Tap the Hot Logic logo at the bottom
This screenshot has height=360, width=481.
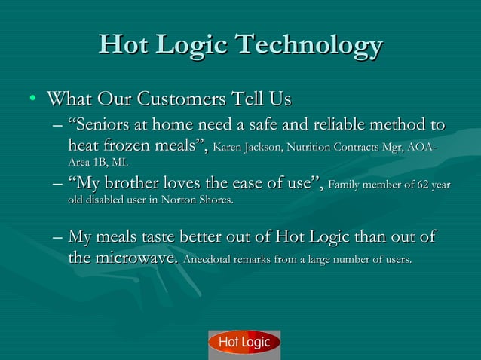(244, 343)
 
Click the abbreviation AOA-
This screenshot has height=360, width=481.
(422, 146)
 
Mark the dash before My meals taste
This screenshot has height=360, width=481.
(58, 239)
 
